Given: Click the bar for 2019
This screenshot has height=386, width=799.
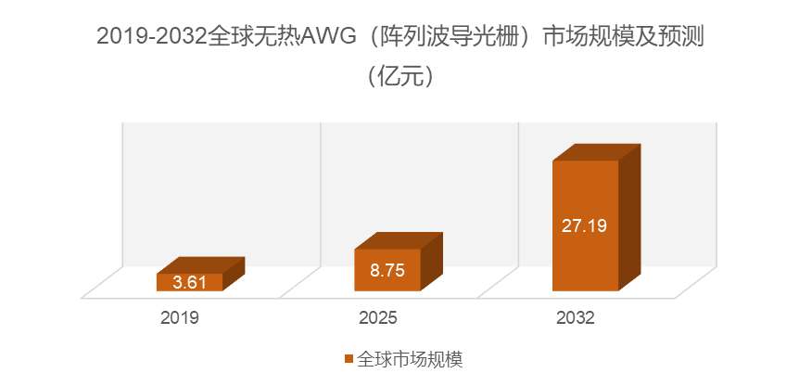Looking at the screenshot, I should (x=189, y=282).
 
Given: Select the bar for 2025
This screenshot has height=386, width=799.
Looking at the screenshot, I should (x=387, y=269).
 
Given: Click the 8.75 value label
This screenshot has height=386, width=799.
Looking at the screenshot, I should (x=387, y=271).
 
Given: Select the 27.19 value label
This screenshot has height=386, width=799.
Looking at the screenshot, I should (x=585, y=225).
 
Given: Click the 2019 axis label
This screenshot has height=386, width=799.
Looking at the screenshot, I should (x=180, y=318).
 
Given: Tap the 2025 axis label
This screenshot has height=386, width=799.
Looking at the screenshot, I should (x=378, y=318).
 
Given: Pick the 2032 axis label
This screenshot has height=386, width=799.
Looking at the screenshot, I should (x=576, y=318).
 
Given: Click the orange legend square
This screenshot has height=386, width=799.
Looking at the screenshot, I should (x=349, y=358).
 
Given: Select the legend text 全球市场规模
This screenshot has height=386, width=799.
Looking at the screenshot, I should (x=403, y=358).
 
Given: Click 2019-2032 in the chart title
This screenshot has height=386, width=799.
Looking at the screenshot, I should (x=153, y=37).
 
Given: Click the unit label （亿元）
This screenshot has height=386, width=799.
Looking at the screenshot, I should (x=399, y=75).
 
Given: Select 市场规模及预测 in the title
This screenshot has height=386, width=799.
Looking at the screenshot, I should (x=629, y=37).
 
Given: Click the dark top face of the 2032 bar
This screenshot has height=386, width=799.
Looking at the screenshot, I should (x=596, y=152).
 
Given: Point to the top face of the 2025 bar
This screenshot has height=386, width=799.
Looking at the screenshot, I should (x=399, y=241).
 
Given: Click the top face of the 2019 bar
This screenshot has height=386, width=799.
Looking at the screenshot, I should (x=200, y=265).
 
